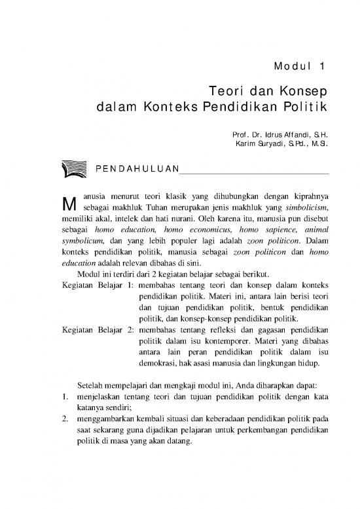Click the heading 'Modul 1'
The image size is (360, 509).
click(x=298, y=65)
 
